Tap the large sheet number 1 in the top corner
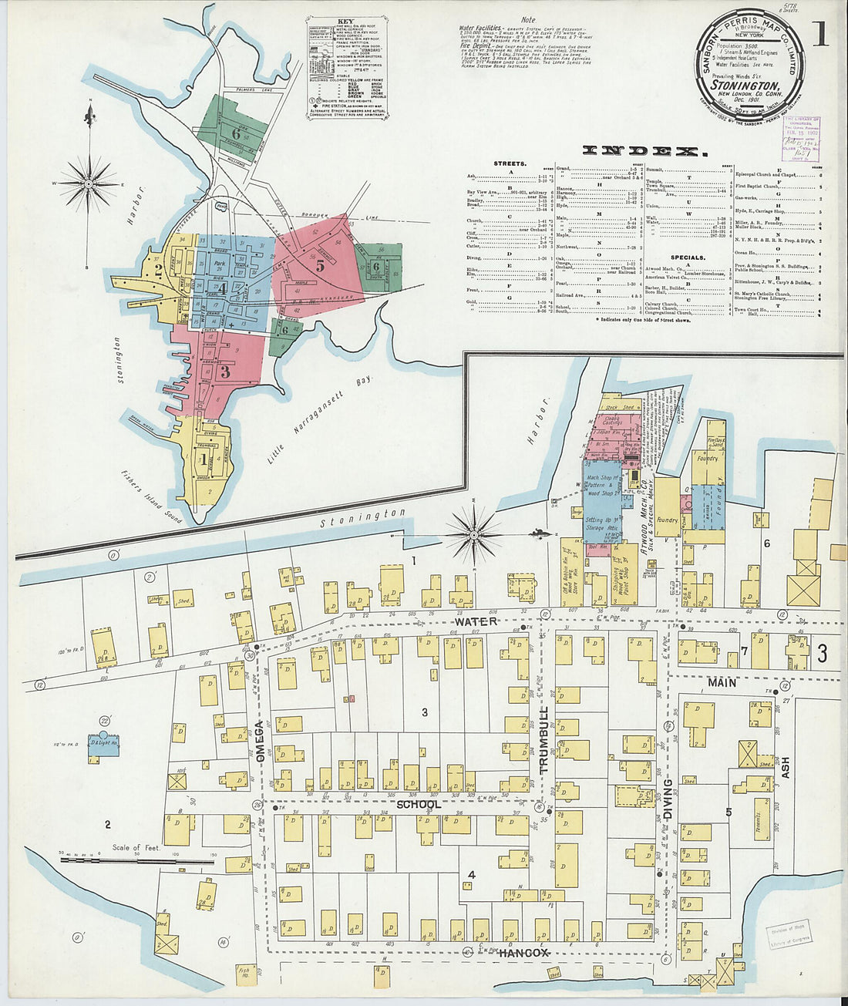[x=819, y=34]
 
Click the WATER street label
[x=476, y=621]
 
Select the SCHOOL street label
[x=419, y=804]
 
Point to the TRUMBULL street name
[x=543, y=740]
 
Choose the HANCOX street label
[x=523, y=954]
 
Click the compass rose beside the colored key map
[x=89, y=183]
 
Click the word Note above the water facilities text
[x=527, y=20]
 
